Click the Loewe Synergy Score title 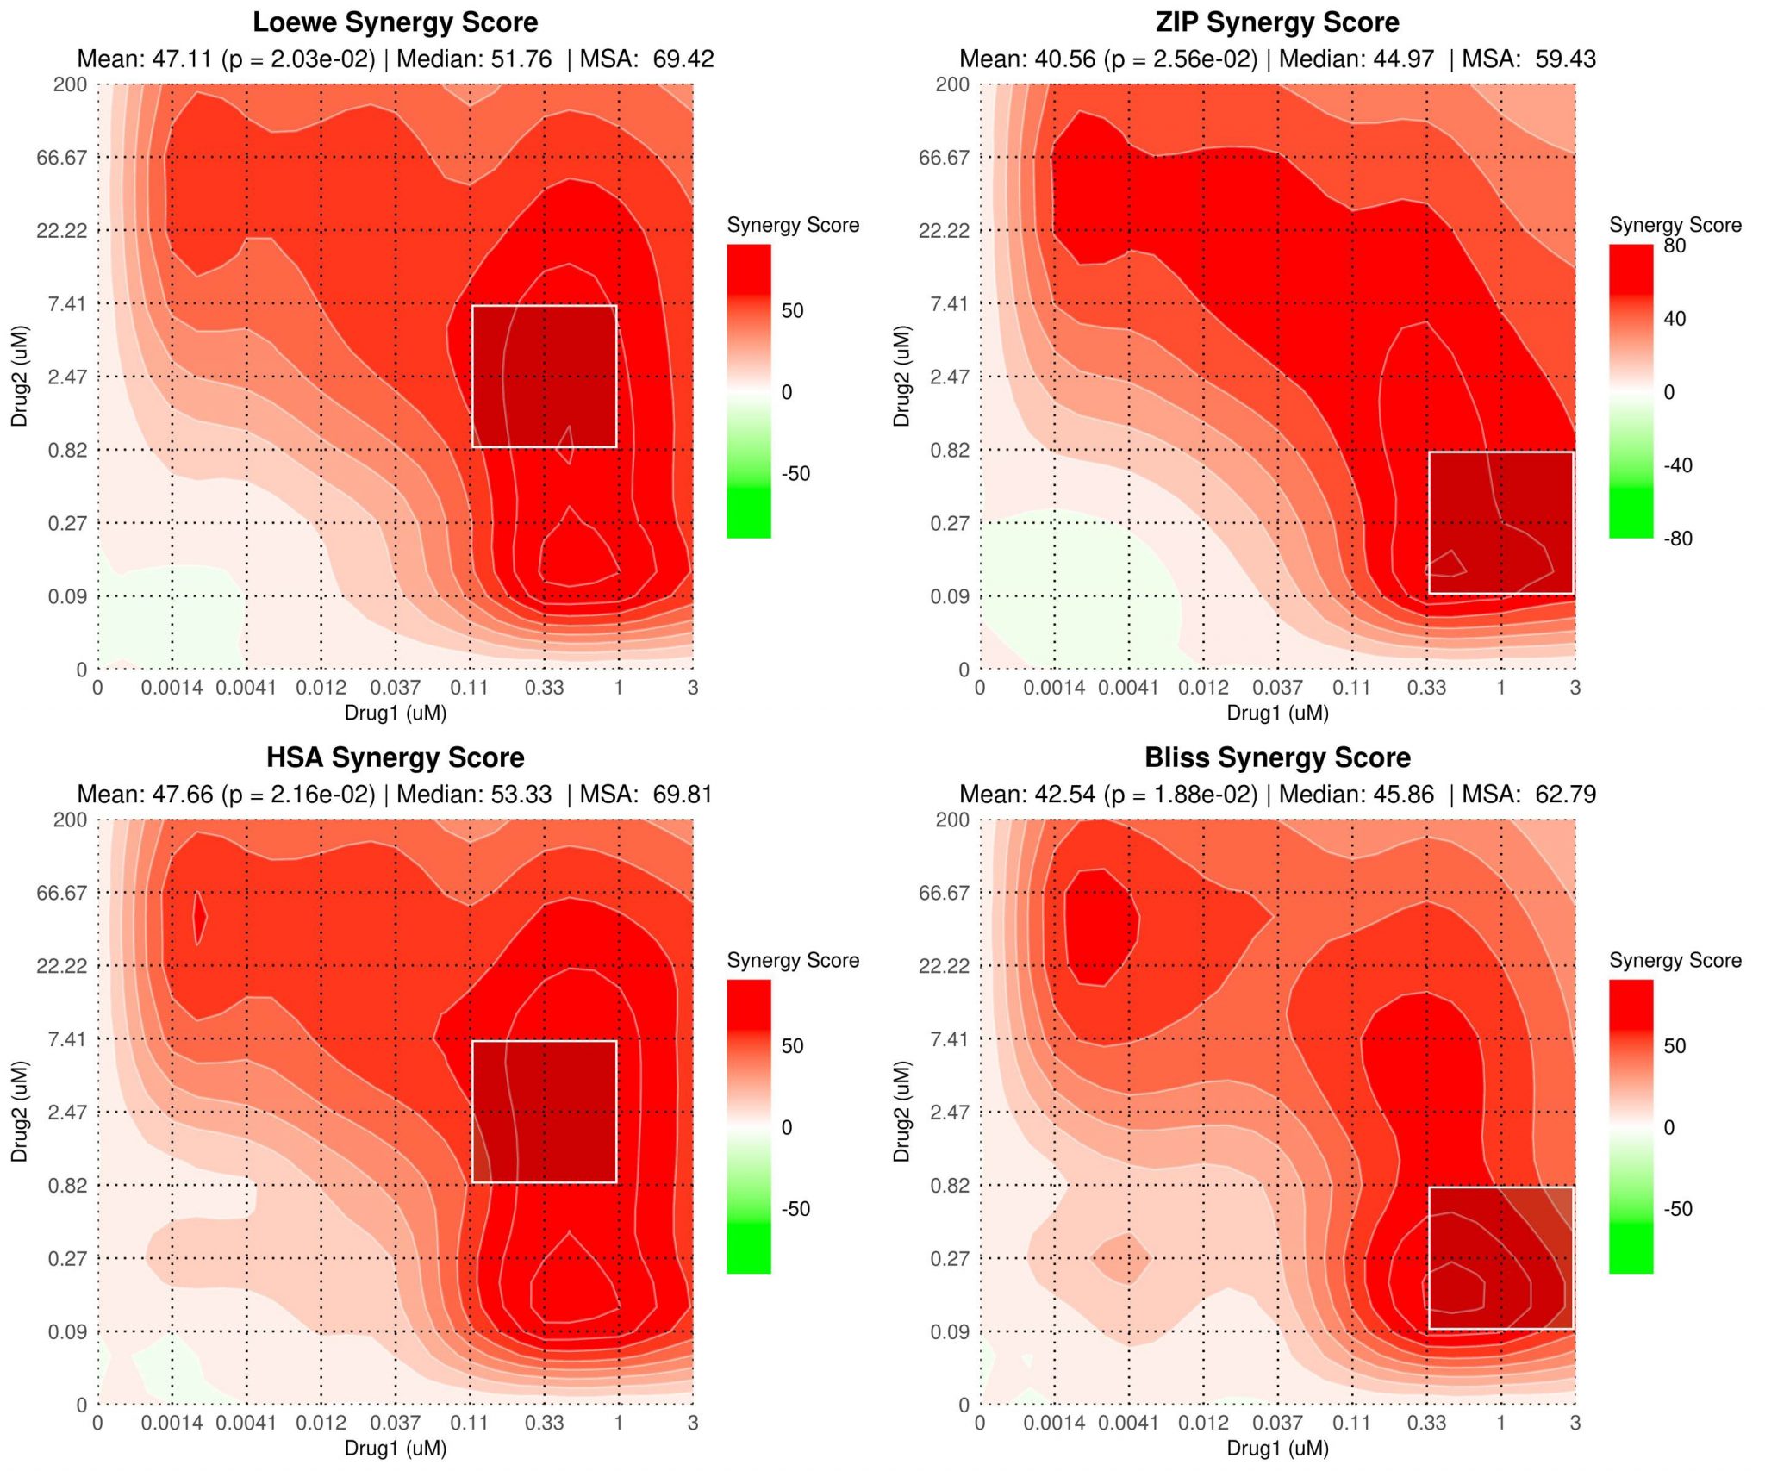395,22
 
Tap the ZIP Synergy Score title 1277,22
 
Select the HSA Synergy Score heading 395,757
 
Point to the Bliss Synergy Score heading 1277,757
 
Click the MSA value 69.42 683,59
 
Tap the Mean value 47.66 183,795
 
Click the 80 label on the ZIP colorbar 1675,246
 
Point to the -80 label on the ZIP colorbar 1677,539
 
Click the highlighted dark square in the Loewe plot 545,377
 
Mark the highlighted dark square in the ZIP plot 1501,523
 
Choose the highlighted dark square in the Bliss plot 1501,1258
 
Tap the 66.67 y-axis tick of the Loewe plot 62,158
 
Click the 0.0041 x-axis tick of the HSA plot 246,1423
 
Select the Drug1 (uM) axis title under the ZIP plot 1277,714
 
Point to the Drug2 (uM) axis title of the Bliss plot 901,1112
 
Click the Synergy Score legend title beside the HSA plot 793,961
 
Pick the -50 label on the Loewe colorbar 795,474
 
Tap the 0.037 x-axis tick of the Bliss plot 1277,1423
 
